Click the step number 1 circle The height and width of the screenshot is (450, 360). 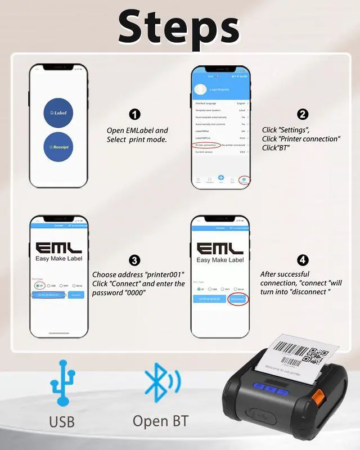[134, 115]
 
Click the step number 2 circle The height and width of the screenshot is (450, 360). [303, 114]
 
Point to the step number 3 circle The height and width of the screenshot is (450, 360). [134, 260]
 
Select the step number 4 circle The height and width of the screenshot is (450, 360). [303, 260]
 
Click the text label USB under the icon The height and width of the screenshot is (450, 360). [62, 421]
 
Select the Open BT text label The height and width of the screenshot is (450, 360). [160, 421]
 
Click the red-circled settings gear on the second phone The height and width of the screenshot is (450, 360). [245, 179]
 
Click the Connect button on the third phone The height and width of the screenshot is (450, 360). [76, 295]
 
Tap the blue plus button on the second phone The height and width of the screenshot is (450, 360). [221, 178]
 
